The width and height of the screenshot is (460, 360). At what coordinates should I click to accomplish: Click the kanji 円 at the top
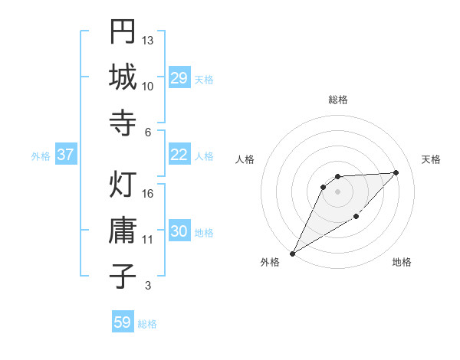pyautogui.click(x=123, y=33)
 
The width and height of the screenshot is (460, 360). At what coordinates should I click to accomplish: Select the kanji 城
pyautogui.click(x=123, y=77)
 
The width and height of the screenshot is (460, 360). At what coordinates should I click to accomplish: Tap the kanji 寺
pyautogui.click(x=123, y=123)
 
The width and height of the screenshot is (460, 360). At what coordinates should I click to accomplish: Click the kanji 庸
pyautogui.click(x=123, y=231)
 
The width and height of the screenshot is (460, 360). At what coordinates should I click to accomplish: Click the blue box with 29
pyautogui.click(x=179, y=78)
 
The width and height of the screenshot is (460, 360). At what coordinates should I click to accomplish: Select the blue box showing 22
pyautogui.click(x=179, y=155)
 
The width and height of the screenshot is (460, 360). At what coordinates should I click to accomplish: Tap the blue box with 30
pyautogui.click(x=179, y=232)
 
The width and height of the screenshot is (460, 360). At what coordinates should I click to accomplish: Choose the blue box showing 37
pyautogui.click(x=66, y=155)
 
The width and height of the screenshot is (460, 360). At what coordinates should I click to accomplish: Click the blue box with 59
pyautogui.click(x=123, y=322)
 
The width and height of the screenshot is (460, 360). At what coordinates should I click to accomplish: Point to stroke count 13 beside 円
pyautogui.click(x=148, y=40)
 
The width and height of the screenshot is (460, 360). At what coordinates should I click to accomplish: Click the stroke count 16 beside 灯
pyautogui.click(x=148, y=193)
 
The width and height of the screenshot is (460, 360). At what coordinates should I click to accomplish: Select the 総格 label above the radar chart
pyautogui.click(x=338, y=100)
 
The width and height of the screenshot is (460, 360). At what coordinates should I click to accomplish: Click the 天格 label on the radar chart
pyautogui.click(x=432, y=159)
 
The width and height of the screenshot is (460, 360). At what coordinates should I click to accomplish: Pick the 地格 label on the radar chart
pyautogui.click(x=402, y=262)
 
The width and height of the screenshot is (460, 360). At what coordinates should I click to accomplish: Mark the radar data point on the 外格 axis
pyautogui.click(x=292, y=254)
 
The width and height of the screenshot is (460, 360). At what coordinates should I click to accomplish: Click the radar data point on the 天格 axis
pyautogui.click(x=396, y=172)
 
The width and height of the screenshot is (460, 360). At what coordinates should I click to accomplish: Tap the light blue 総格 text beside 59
pyautogui.click(x=147, y=323)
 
